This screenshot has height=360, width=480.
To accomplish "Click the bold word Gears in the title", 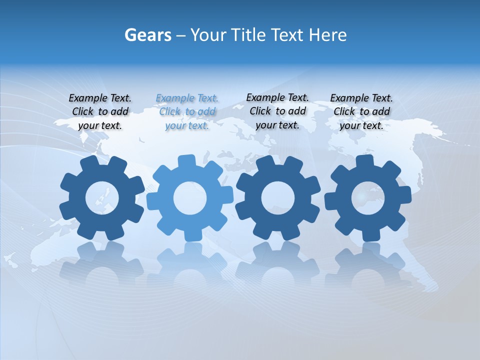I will (148, 35).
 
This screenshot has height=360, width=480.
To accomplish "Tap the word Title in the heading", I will (247, 35).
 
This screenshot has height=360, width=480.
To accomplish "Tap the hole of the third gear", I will (278, 198).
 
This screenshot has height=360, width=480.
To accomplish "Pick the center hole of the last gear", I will (367, 198).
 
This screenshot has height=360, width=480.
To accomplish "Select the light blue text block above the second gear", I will (187, 112).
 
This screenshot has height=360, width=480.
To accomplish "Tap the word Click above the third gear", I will (260, 111).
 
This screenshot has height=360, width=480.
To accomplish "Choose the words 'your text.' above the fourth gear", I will (361, 125).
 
